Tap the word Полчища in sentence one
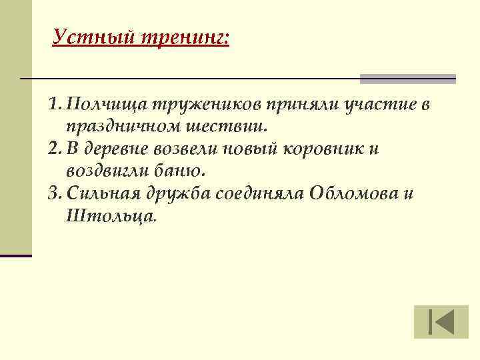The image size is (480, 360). tap(107, 105)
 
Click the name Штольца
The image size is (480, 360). tap(111, 215)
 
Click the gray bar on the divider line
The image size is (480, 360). tap(408, 79)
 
